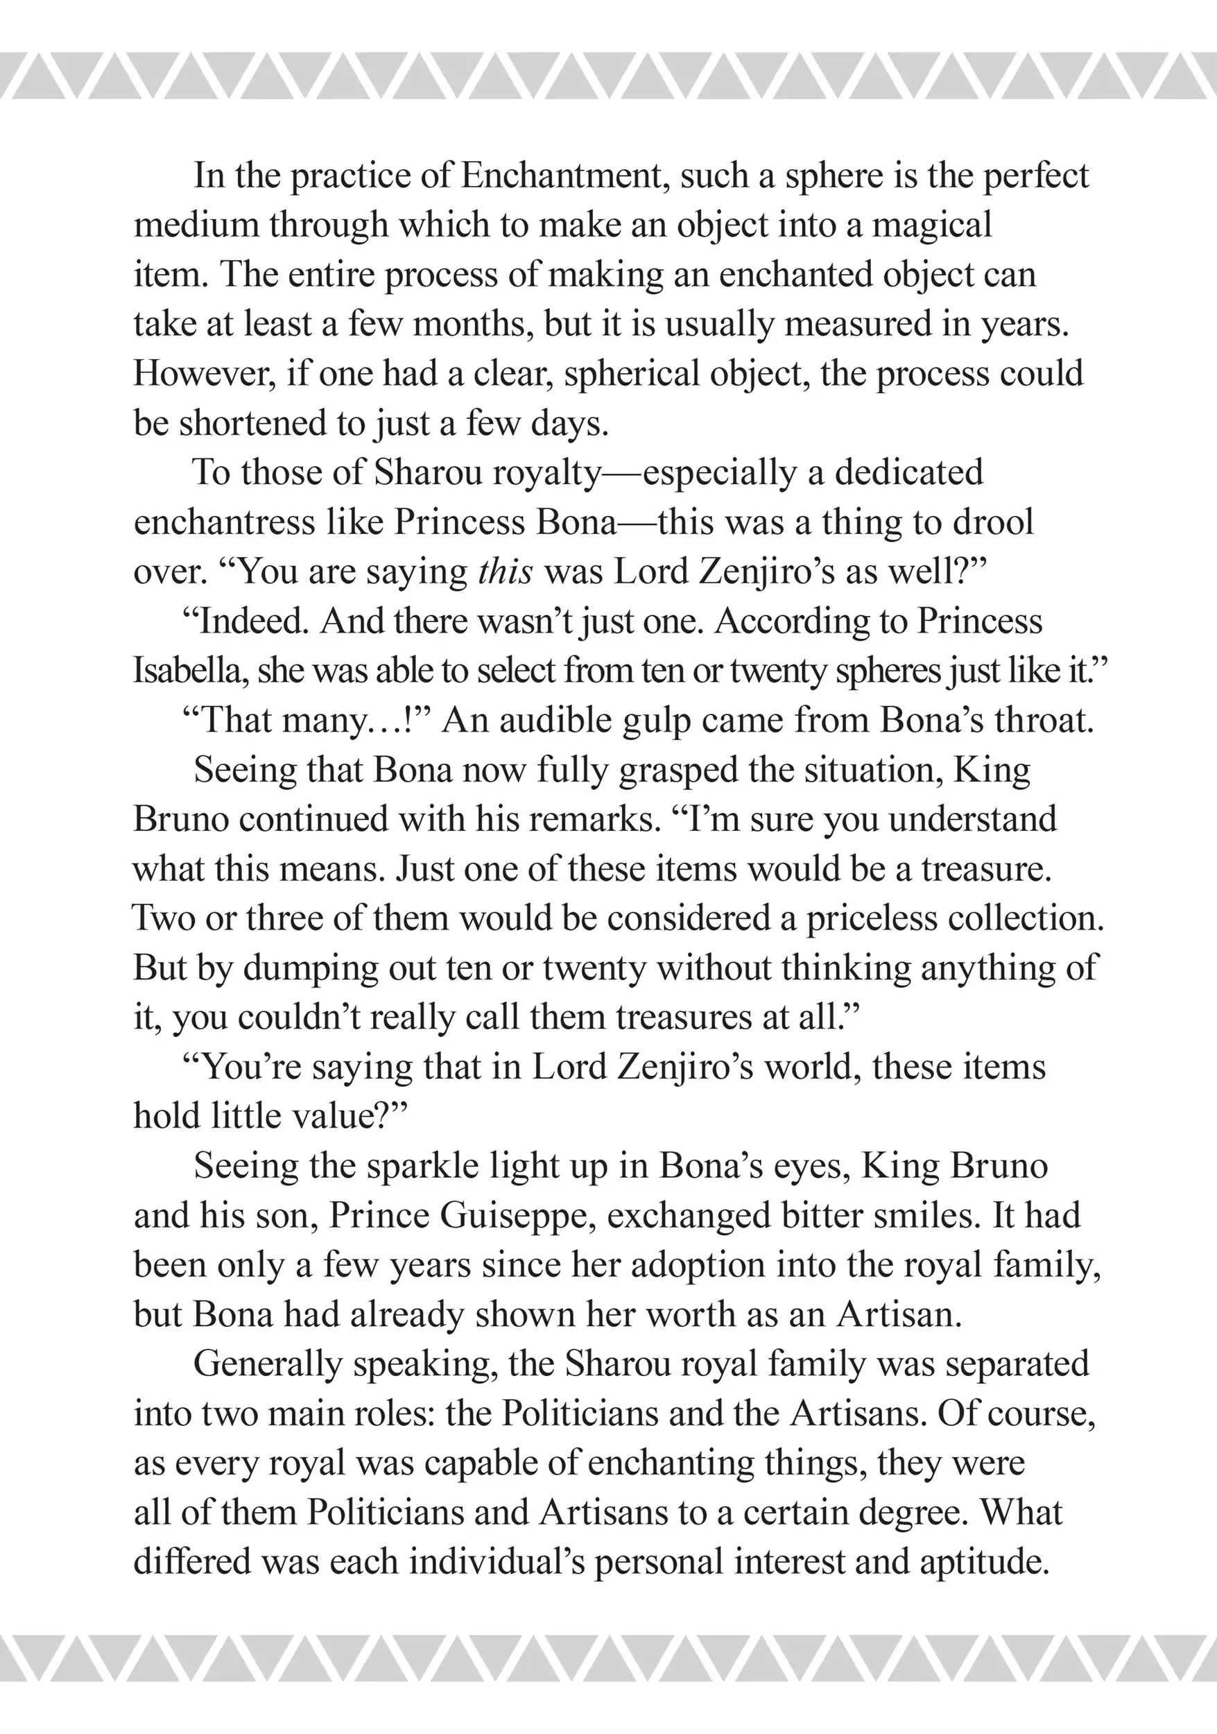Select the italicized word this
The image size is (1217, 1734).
point(506,572)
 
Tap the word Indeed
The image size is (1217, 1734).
point(253,621)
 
